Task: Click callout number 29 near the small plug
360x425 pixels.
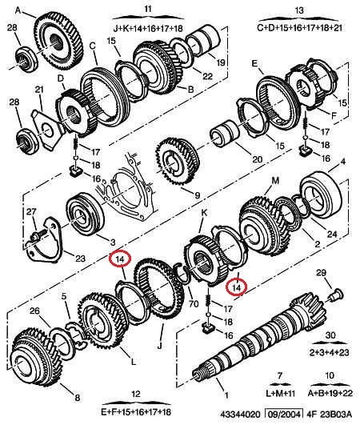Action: coord(321,273)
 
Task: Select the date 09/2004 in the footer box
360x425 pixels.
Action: coord(284,414)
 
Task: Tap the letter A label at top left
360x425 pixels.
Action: coord(18,10)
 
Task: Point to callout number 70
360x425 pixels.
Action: coord(194,304)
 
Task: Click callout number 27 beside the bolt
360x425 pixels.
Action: coord(31,211)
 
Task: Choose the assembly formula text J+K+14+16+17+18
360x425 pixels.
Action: coord(148,28)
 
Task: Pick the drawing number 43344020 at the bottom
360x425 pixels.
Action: coord(240,415)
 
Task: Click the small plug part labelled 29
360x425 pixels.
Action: coord(336,295)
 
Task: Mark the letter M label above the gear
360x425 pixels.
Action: coord(275,181)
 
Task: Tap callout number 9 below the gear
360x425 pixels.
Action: coord(198,194)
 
